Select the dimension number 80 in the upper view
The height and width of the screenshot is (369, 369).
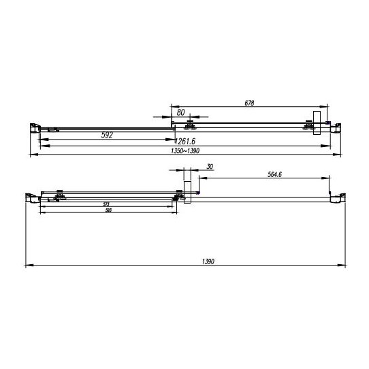pos(180,112)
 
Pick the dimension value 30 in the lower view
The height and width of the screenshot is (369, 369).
pos(208,167)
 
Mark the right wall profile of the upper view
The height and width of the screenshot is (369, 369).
pos(334,125)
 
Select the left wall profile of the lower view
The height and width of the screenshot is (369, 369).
pos(29,197)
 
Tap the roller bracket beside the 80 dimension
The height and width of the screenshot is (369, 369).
pos(190,125)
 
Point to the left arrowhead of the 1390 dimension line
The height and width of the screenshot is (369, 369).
pos(27,265)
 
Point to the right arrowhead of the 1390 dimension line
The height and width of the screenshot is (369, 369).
pos(336,265)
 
